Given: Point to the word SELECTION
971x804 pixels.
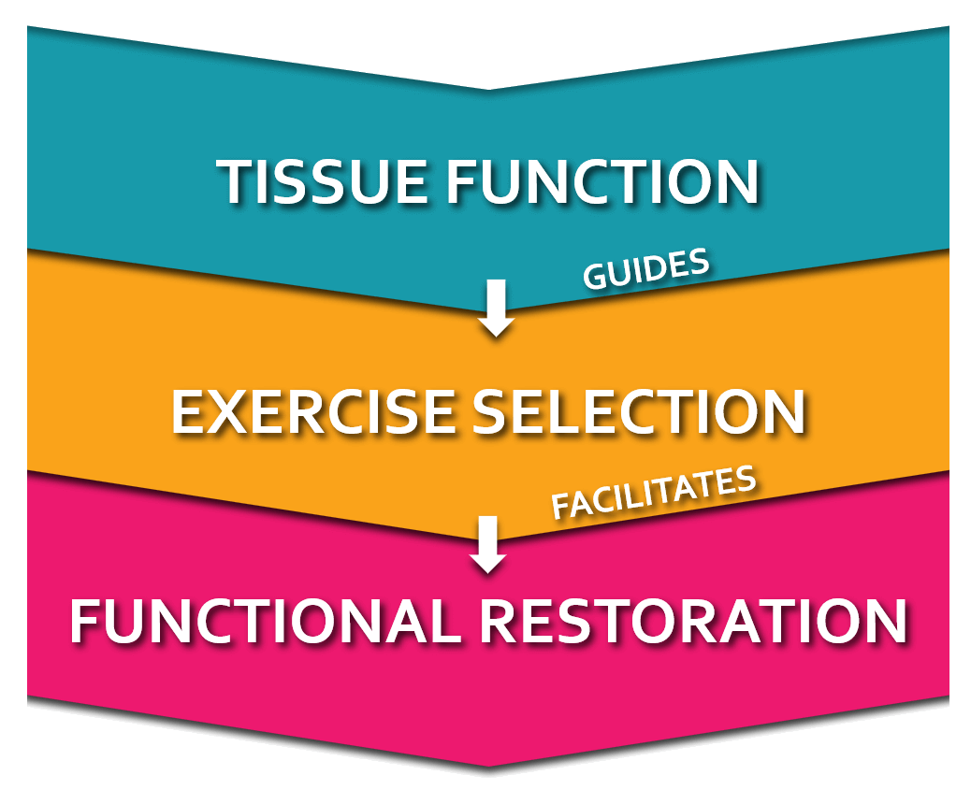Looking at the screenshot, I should point(639,411).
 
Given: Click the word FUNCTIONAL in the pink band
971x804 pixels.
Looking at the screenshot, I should point(266,621).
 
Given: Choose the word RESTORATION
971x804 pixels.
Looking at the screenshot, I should point(694,621).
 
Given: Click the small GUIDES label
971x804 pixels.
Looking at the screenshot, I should point(645,269).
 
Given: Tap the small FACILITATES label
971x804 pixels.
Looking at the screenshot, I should point(653,493).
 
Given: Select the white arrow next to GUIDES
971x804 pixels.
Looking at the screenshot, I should point(496,308).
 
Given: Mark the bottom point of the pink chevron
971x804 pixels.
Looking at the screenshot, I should point(487,765).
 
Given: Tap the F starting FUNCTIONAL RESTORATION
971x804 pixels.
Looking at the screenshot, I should point(87,621).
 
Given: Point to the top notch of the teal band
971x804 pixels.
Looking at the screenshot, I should point(487,90).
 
